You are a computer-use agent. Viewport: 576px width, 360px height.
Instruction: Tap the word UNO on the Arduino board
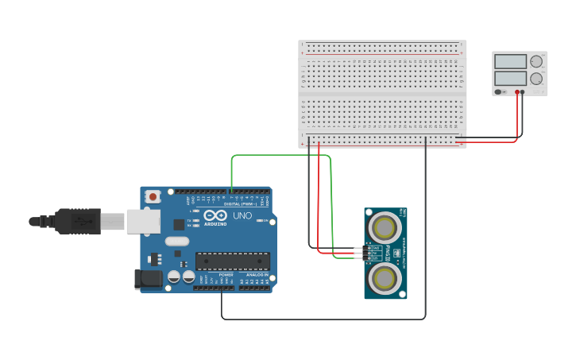[x=242, y=215]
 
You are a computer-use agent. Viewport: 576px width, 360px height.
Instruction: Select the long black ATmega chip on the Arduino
[x=232, y=261]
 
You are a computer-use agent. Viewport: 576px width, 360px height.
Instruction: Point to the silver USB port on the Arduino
[x=143, y=222]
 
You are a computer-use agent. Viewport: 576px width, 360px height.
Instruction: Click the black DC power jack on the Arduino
[x=148, y=278]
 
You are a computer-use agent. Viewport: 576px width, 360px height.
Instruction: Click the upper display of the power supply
[x=510, y=62]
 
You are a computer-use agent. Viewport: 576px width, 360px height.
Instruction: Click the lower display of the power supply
[x=510, y=79]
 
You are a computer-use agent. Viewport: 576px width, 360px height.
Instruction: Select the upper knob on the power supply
[x=536, y=61]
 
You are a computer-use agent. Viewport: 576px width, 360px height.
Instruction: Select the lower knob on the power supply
[x=536, y=79]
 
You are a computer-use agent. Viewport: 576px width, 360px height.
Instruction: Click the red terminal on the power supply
[x=516, y=92]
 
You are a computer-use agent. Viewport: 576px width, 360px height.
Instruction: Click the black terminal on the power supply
[x=522, y=92]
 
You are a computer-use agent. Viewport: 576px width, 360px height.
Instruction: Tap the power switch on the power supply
[x=499, y=92]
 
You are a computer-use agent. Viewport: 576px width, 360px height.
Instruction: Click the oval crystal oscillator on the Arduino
[x=177, y=241]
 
